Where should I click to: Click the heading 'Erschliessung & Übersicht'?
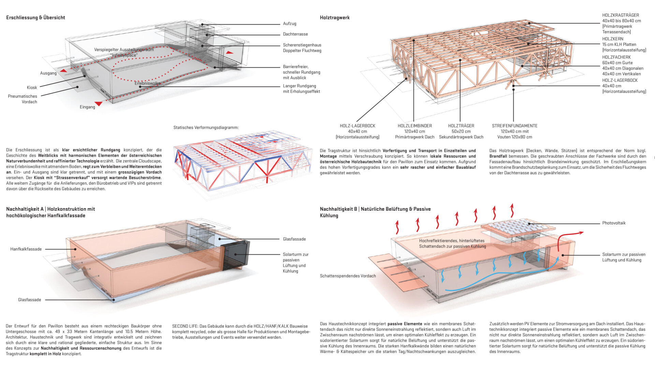pyautogui.click(x=35, y=17)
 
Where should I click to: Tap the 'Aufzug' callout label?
pyautogui.click(x=289, y=24)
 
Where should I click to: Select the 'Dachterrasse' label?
pyautogui.click(x=295, y=34)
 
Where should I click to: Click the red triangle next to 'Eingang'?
pyautogui.click(x=99, y=104)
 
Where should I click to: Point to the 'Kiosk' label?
pyautogui.click(x=32, y=87)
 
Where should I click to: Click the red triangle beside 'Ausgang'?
pyautogui.click(x=63, y=71)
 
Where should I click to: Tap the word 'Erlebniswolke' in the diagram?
pyautogui.click(x=147, y=83)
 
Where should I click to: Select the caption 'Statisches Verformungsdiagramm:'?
pyautogui.click(x=206, y=127)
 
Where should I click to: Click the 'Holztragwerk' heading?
pyautogui.click(x=334, y=17)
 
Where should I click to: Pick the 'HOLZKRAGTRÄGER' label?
pyautogui.click(x=620, y=15)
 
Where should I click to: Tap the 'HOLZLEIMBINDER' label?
pyautogui.click(x=414, y=126)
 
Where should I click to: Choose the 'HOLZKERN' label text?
pyautogui.click(x=612, y=39)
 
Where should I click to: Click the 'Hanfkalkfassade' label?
pyautogui.click(x=26, y=249)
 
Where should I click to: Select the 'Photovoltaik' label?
pyautogui.click(x=614, y=223)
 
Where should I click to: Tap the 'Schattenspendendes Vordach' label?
pyautogui.click(x=348, y=276)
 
